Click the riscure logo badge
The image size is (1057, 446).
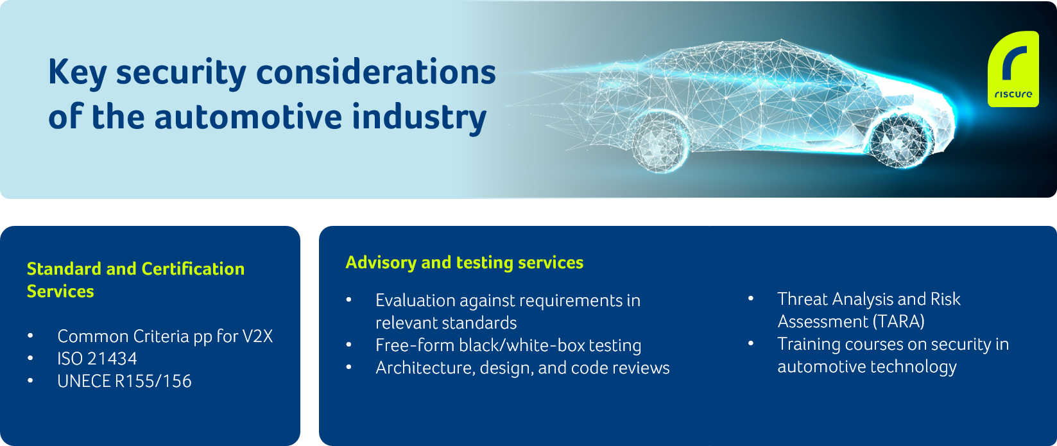1013,69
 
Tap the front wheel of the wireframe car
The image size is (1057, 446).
900,140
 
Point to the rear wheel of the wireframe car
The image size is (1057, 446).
660,142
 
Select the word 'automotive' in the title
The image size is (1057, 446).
248,117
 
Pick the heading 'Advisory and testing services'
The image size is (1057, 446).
465,263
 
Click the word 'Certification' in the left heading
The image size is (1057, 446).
193,268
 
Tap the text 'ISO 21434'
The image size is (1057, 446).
97,359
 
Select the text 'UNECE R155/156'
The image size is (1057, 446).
124,381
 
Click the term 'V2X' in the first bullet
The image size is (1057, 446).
257,336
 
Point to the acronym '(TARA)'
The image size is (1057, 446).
898,322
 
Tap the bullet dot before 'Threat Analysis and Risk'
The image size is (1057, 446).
751,299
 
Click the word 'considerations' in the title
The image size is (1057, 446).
376,73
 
